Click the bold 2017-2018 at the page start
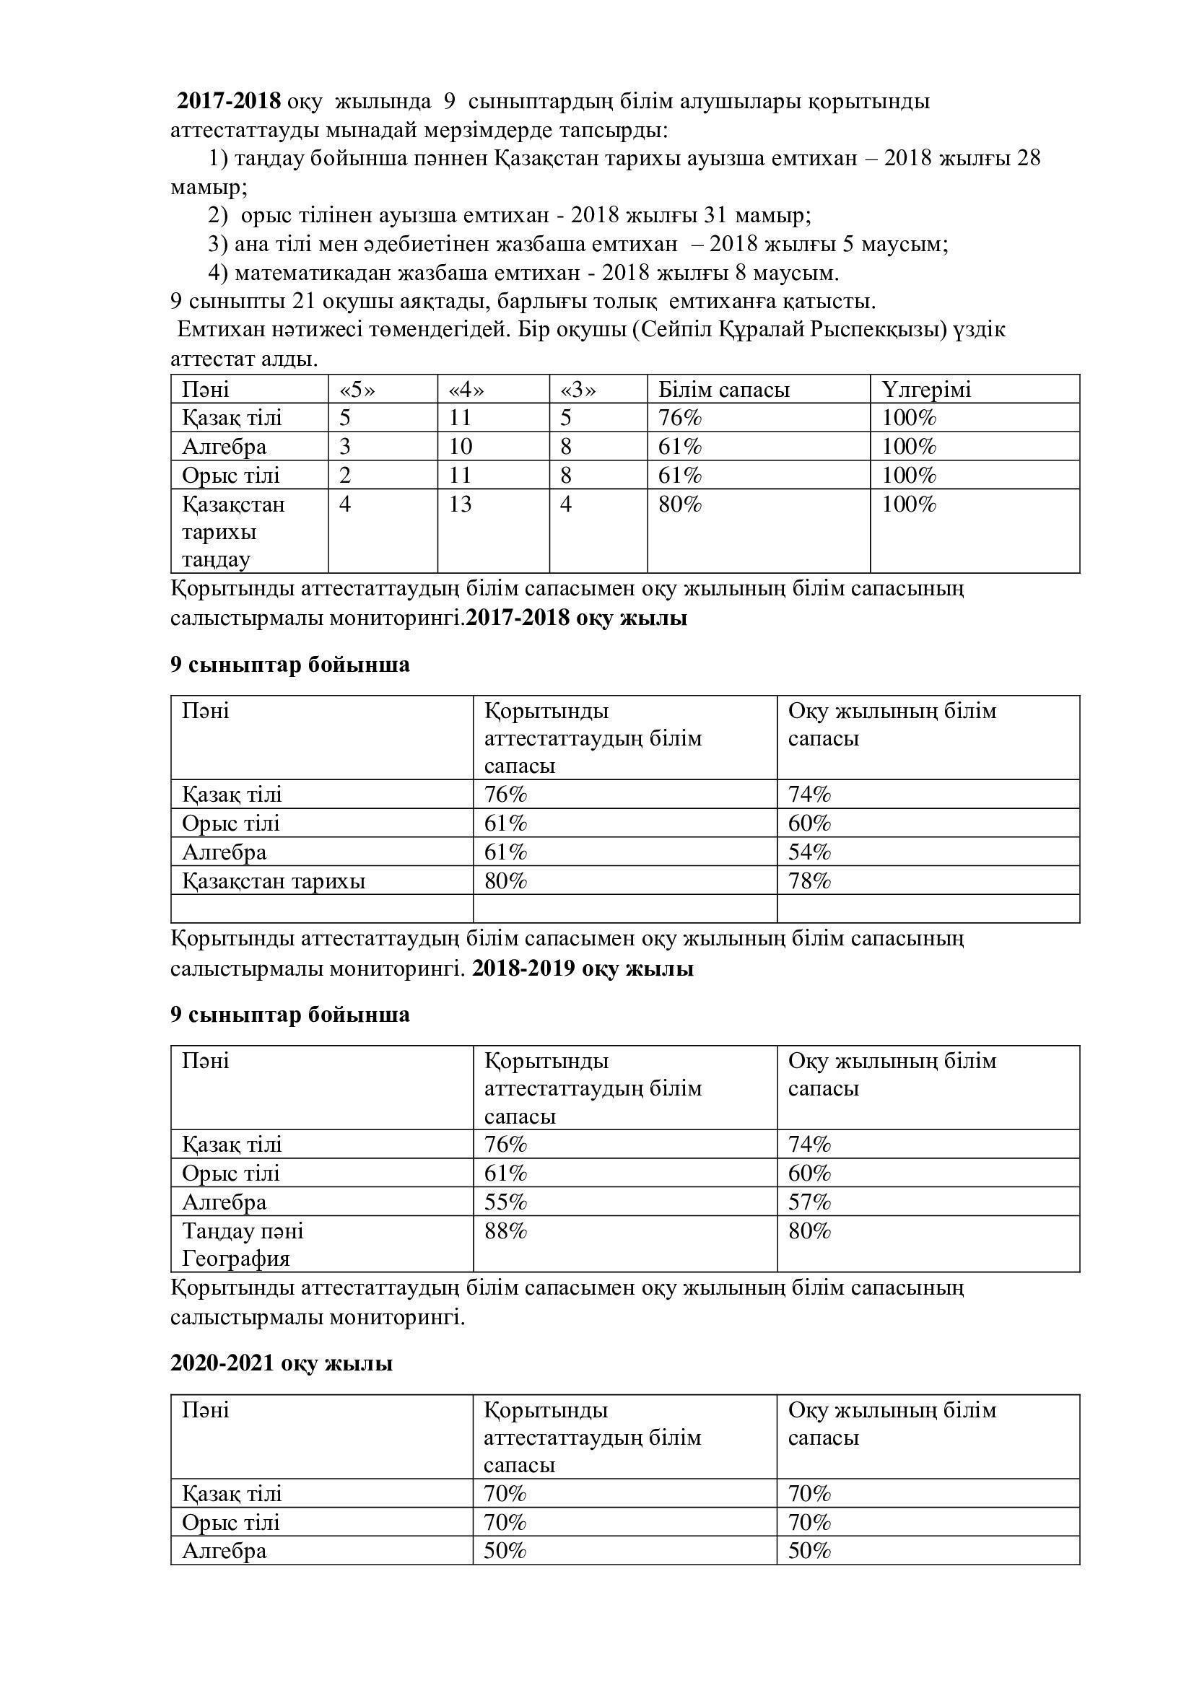click(229, 101)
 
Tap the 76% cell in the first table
click(680, 419)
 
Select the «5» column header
click(357, 390)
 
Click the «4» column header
click(467, 390)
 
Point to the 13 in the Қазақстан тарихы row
click(461, 504)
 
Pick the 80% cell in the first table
click(680, 504)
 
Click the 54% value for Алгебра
click(809, 852)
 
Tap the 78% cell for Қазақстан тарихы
click(809, 880)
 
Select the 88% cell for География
click(506, 1230)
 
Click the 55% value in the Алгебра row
click(506, 1202)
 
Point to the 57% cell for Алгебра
click(809, 1202)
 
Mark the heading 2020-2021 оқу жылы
click(282, 1363)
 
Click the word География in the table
click(236, 1259)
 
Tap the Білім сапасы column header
click(723, 390)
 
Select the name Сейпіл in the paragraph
click(673, 330)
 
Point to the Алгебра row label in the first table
click(225, 447)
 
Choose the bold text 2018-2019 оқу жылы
click(583, 969)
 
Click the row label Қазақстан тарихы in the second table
click(274, 880)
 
